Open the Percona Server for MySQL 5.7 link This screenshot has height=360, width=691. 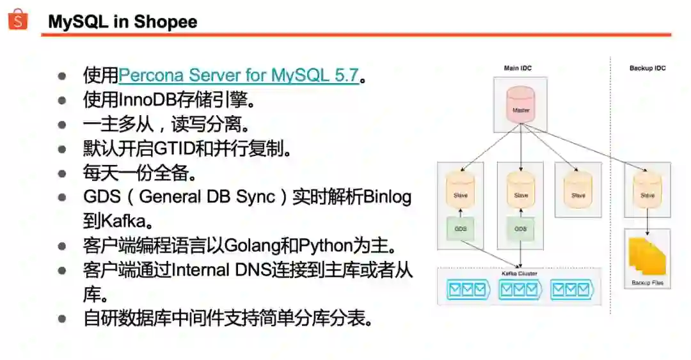click(238, 75)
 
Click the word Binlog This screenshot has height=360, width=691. click(387, 196)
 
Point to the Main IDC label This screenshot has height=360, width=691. click(518, 68)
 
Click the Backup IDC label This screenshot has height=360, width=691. click(647, 68)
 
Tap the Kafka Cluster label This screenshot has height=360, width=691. click(520, 273)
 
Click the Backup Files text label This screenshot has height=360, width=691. click(647, 282)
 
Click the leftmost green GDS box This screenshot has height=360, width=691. click(460, 228)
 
